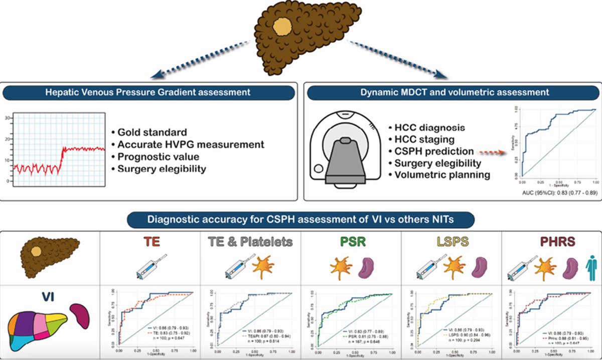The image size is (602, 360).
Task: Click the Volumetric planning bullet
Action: point(435,175)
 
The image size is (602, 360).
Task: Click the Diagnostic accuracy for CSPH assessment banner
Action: point(301,219)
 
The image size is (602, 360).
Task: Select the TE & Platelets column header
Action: point(251,242)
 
